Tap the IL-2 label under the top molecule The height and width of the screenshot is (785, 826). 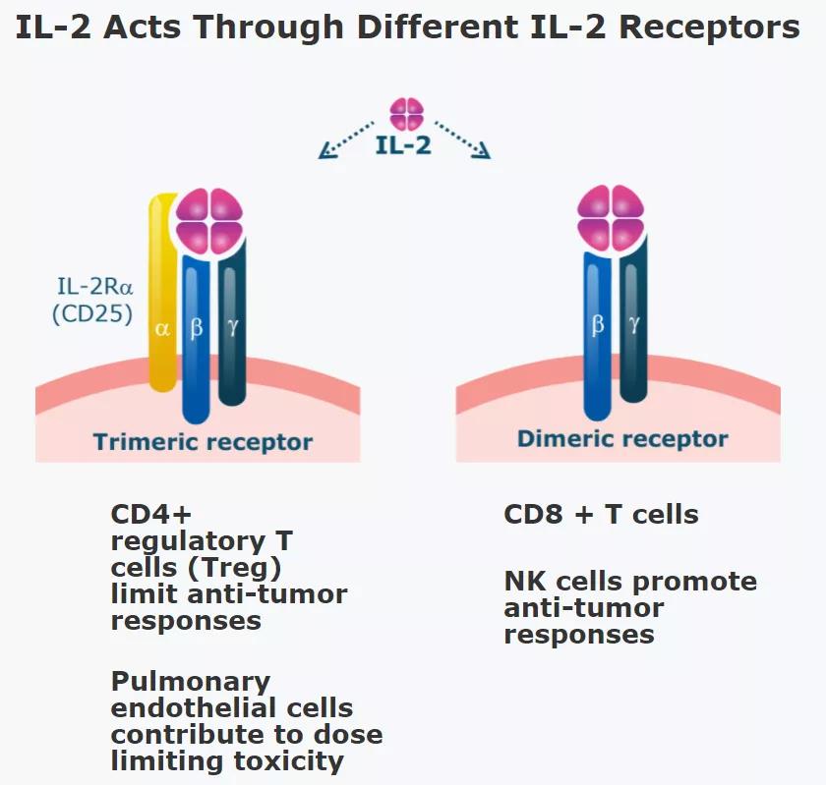coord(403,146)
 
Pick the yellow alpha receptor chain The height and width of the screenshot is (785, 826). coord(162,295)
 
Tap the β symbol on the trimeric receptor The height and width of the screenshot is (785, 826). coord(196,326)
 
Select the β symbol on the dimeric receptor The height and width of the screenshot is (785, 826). coord(597,324)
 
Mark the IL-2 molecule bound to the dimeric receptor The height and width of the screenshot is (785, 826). coord(611,218)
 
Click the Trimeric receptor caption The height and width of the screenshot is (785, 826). coord(203,442)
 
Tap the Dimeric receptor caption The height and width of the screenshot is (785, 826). coord(622,439)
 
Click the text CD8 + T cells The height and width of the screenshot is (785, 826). coord(601,515)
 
